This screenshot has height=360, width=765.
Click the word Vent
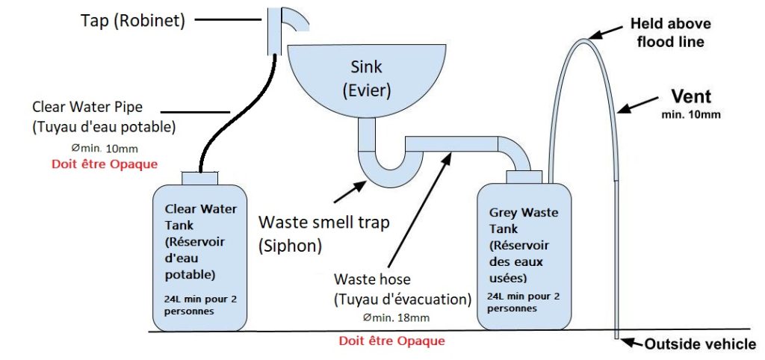pos(690,96)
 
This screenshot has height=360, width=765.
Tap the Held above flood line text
pos(669,32)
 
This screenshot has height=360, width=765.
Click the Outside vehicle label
pos(699,344)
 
